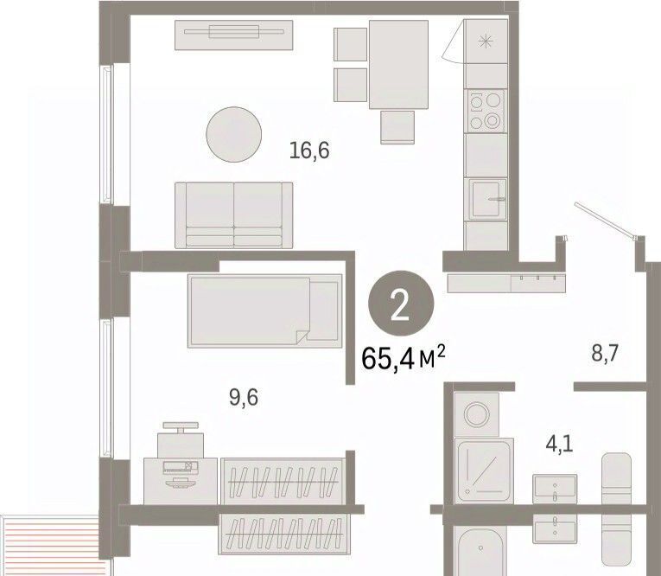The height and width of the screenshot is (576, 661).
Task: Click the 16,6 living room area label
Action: tap(309, 151)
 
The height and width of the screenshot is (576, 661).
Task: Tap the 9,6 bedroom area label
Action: tap(244, 398)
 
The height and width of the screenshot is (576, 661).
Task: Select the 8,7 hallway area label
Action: tap(605, 353)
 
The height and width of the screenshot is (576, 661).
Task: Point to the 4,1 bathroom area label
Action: tap(559, 445)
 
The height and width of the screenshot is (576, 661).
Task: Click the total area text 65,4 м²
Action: tap(404, 358)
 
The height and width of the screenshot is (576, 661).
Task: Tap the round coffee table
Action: tap(233, 134)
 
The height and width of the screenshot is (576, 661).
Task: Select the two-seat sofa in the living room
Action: tap(234, 215)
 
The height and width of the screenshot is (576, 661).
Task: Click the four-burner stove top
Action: tap(486, 111)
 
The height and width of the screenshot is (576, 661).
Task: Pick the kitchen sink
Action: tap(486, 199)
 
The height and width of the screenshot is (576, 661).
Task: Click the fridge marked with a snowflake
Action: tap(486, 42)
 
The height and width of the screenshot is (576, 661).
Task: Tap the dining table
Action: tap(398, 65)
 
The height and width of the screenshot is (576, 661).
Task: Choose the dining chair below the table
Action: tap(397, 127)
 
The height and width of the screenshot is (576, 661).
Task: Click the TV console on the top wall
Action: tap(234, 35)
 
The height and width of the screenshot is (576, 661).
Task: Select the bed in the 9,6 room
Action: tap(264, 311)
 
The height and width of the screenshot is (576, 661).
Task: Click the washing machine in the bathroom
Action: tap(477, 414)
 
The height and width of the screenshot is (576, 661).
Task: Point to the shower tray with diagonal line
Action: tap(484, 470)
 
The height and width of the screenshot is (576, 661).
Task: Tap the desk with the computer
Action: tap(181, 481)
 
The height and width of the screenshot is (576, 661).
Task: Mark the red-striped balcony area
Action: tap(51, 545)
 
